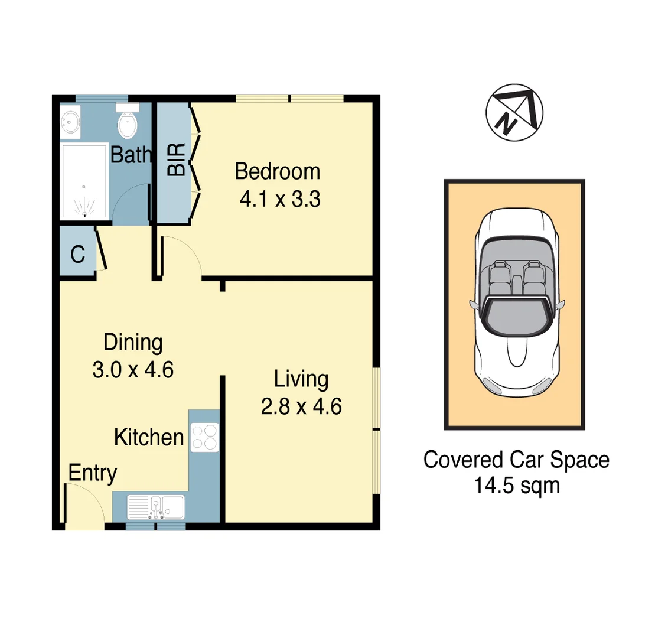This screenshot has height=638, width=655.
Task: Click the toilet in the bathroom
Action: (x=128, y=122)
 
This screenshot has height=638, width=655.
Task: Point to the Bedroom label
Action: (x=277, y=172)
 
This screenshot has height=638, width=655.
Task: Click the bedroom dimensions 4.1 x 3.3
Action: (x=279, y=199)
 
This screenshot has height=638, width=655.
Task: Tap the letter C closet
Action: (x=77, y=255)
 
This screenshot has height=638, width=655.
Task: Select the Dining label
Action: (x=133, y=342)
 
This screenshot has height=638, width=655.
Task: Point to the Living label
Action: (x=301, y=379)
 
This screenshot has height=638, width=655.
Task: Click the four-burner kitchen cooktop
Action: (x=204, y=438)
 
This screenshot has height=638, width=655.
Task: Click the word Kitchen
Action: (x=149, y=438)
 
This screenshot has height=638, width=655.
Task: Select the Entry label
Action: (x=93, y=473)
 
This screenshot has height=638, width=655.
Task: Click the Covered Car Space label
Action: (x=516, y=460)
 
